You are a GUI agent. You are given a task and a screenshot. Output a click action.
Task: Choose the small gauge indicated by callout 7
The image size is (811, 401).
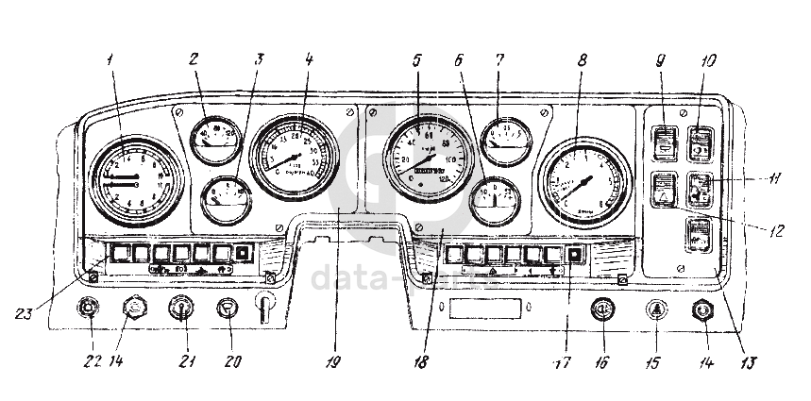pyautogui.click(x=506, y=139)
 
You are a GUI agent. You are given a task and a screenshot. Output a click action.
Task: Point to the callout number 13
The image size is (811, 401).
pyautogui.click(x=752, y=361)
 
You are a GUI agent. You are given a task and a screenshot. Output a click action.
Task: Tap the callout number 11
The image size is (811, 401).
pyautogui.click(x=774, y=176)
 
